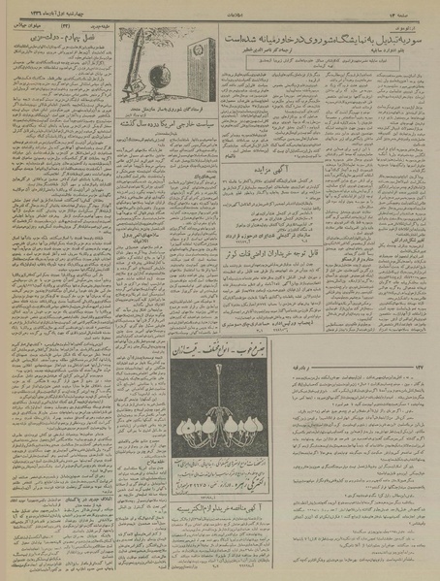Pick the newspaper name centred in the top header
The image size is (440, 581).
click(x=219, y=13)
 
